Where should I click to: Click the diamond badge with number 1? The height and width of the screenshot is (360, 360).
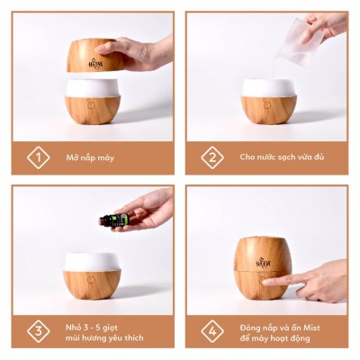(x=37, y=157)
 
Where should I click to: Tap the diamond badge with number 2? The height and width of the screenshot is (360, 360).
(x=211, y=157)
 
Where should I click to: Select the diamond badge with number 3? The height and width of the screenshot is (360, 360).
(x=37, y=330)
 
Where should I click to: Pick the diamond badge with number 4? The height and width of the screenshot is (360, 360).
(x=211, y=330)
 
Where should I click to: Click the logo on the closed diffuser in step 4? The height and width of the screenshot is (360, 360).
(x=265, y=261)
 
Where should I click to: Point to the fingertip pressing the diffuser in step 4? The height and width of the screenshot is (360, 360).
(x=267, y=282)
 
